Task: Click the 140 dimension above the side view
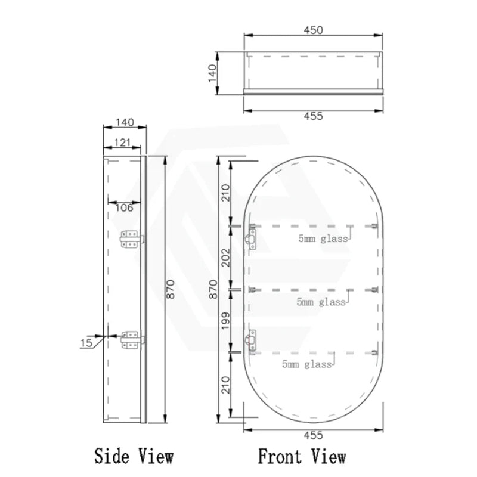coord(123,122)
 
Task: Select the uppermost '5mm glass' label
coord(323,239)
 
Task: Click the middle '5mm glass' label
coord(321,302)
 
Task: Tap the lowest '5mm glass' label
coord(308,364)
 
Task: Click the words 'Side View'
coord(134,457)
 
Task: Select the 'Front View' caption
coord(302,457)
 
